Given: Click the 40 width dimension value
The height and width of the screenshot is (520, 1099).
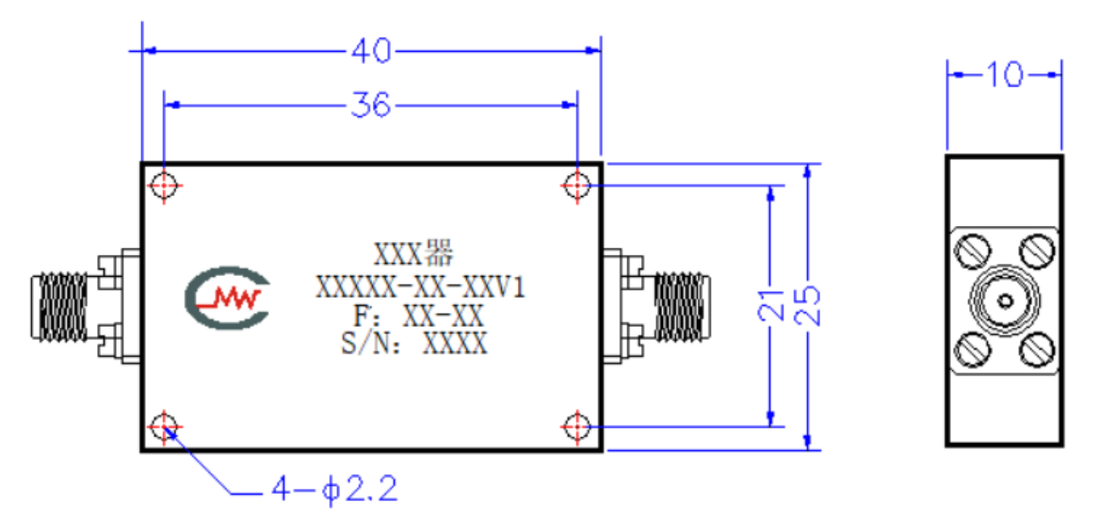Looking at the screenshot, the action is [x=371, y=51].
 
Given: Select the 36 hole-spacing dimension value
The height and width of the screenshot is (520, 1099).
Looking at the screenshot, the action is [x=371, y=106].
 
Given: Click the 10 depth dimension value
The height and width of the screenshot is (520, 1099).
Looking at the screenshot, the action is [x=1004, y=74].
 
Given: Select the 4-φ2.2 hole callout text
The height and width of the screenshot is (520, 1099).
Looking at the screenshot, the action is [x=334, y=490].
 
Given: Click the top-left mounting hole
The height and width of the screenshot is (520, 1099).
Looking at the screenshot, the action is [x=164, y=186].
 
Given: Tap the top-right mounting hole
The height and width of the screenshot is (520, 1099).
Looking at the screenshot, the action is [x=576, y=186].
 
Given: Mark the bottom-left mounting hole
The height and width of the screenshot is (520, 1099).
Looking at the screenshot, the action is [x=164, y=426].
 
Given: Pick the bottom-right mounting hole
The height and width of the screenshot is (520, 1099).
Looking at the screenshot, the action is [x=576, y=426].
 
